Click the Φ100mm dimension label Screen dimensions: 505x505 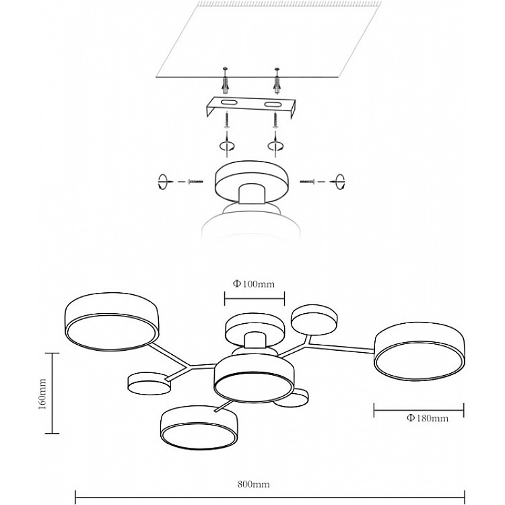(x=254, y=284)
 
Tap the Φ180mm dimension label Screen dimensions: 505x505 (x=428, y=418)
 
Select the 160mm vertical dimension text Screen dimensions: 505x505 (x=42, y=394)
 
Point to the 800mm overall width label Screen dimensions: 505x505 (x=254, y=484)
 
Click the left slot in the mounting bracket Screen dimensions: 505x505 (x=229, y=103)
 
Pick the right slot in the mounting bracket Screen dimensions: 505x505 (x=273, y=104)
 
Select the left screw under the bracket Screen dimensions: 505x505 (x=228, y=121)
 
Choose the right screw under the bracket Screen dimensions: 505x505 (x=275, y=121)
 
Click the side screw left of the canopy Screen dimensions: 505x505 (x=195, y=182)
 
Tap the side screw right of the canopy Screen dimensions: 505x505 (x=308, y=182)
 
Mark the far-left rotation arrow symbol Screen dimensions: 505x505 (x=163, y=182)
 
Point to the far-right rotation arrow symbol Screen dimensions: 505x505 (x=340, y=182)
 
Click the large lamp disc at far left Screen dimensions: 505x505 (x=112, y=321)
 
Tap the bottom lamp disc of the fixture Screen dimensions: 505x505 (x=199, y=428)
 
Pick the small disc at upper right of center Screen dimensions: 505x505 (x=314, y=320)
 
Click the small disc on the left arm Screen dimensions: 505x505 (x=149, y=384)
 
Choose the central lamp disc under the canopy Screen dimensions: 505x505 (x=254, y=379)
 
